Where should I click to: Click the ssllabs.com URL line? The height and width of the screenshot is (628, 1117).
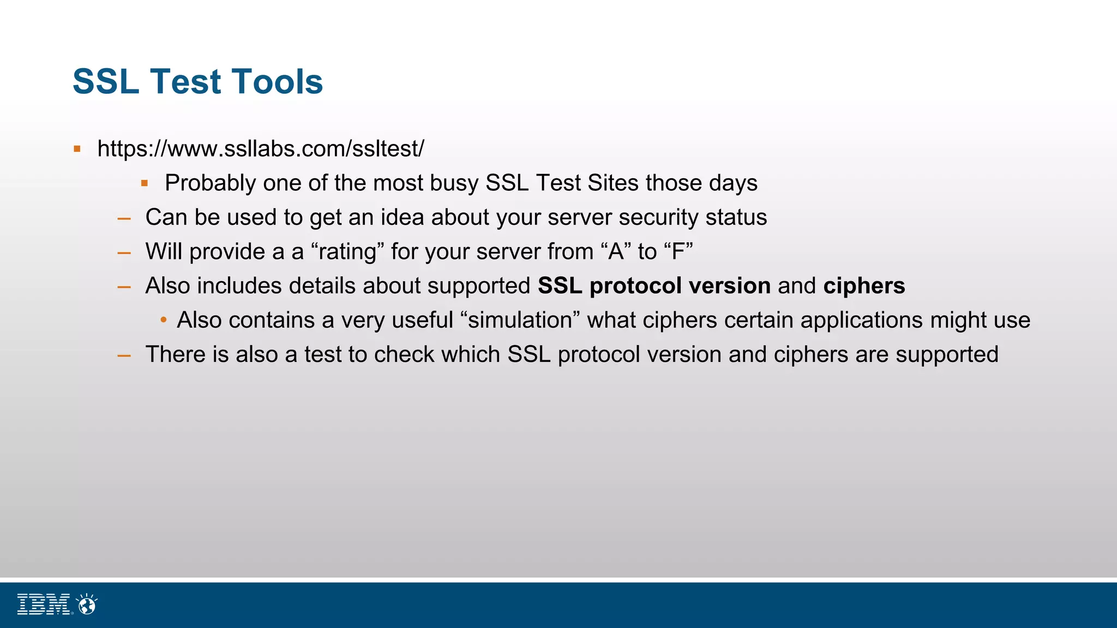260,149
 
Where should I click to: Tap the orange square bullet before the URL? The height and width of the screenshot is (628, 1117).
77,149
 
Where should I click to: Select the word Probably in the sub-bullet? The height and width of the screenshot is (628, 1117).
210,183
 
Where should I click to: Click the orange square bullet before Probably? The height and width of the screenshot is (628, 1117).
145,183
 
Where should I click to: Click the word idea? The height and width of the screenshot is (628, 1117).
402,218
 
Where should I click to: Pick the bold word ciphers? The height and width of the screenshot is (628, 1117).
864,286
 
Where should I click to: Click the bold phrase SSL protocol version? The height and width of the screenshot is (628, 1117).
654,286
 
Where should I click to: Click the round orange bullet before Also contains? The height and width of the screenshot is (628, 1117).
164,320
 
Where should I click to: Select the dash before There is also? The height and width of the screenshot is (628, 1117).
124,355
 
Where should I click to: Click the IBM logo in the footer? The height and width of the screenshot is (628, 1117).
44,604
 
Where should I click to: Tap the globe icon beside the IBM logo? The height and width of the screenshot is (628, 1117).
87,604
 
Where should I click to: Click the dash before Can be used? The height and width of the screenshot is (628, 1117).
124,218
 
